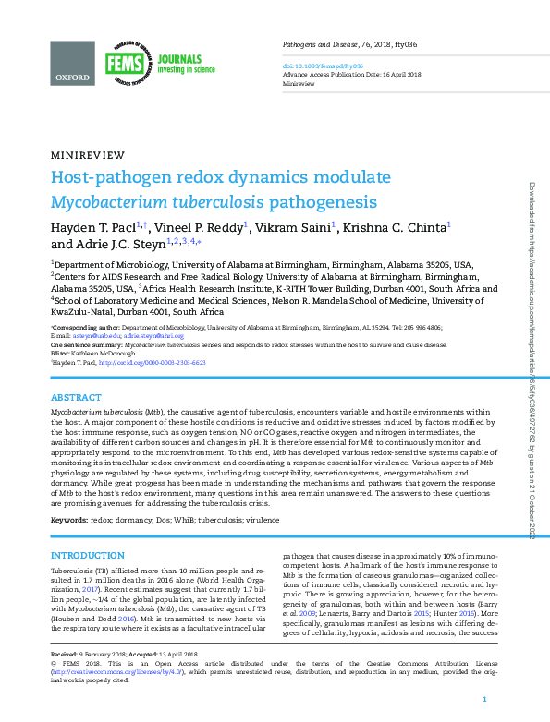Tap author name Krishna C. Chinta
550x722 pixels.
pos(396,226)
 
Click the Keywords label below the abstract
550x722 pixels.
pos(68,522)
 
